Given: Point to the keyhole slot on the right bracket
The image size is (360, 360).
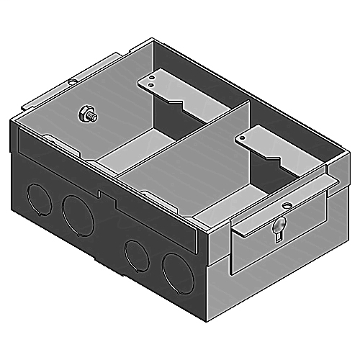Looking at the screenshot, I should click(276, 232).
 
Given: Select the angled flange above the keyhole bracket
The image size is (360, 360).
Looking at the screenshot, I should click(284, 212).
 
